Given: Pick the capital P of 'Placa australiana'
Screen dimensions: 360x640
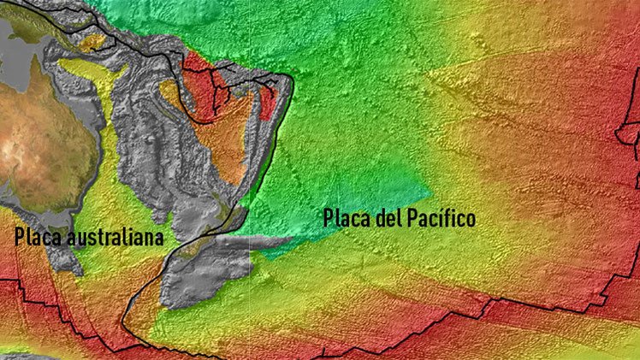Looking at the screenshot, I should [x=20, y=237].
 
